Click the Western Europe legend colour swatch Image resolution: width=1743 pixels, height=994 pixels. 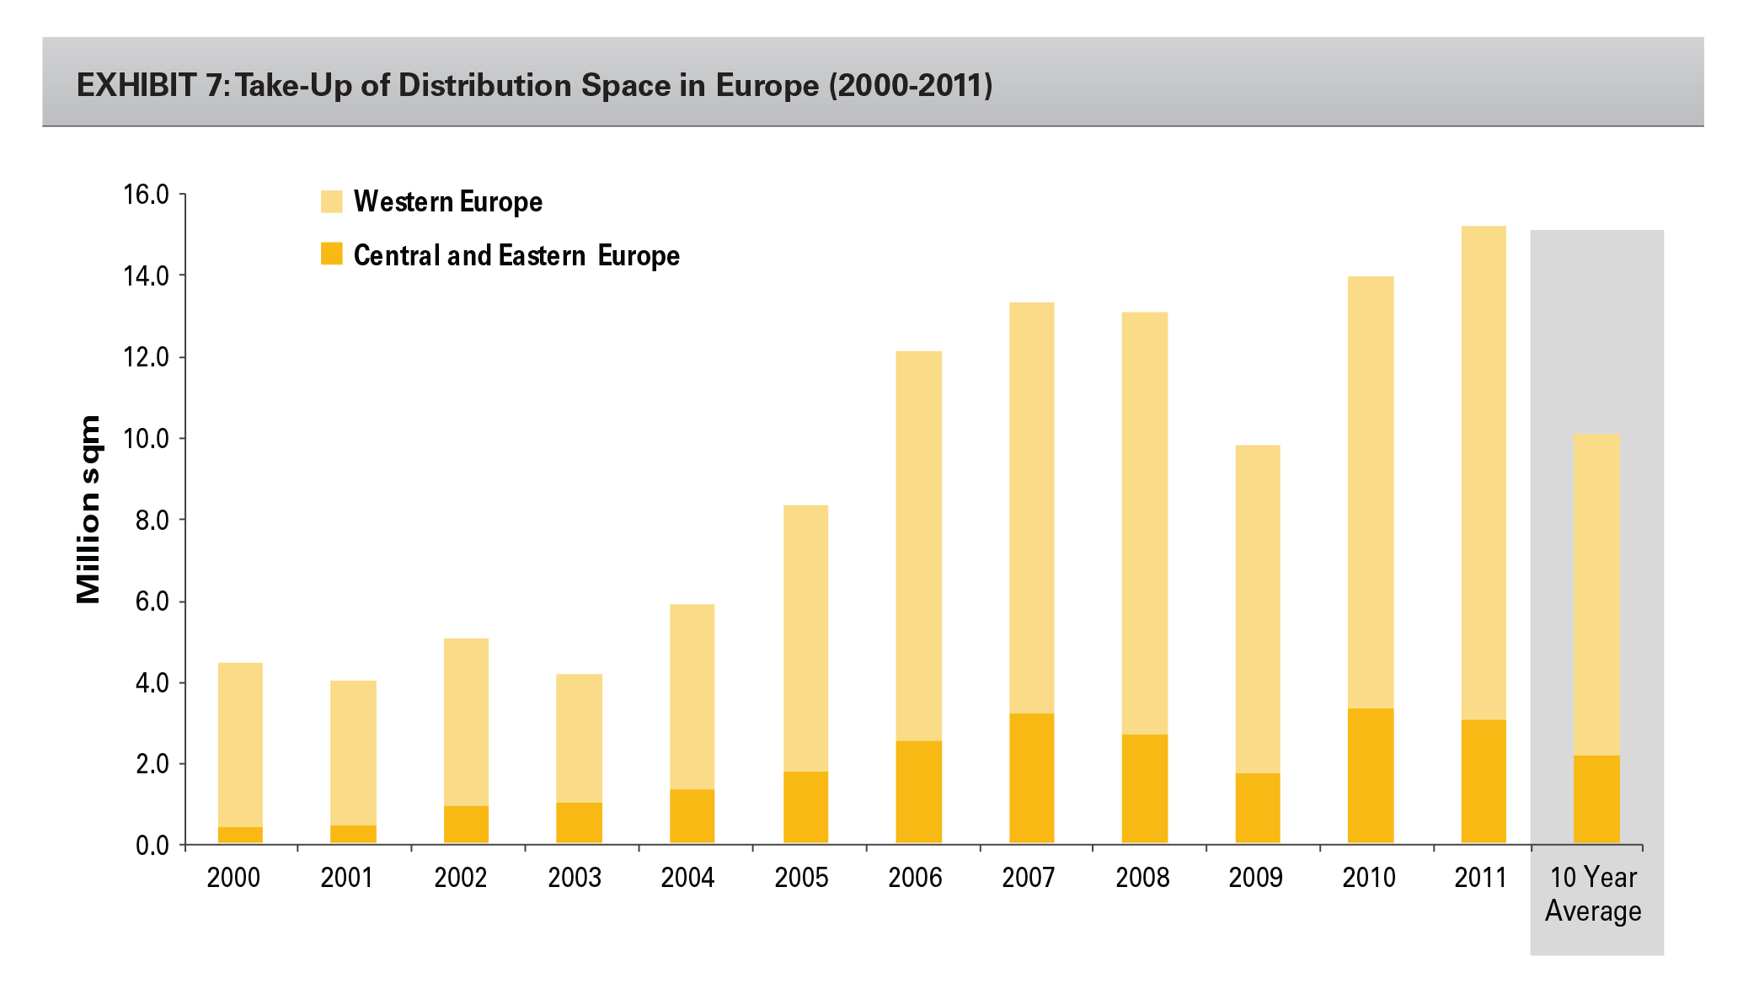point(332,201)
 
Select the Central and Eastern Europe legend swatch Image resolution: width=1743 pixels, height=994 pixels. point(332,254)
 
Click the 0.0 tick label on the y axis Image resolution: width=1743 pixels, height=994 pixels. point(152,845)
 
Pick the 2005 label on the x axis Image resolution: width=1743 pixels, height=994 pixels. point(801,878)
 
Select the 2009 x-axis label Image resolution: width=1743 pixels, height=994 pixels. point(1255,878)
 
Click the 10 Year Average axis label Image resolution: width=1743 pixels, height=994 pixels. point(1593,894)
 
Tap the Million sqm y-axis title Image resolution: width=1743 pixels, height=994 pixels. point(88,510)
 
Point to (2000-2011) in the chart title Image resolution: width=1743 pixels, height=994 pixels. point(911,85)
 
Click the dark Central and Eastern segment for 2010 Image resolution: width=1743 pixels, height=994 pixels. point(1371,776)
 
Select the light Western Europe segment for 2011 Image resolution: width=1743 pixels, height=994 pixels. point(1484,472)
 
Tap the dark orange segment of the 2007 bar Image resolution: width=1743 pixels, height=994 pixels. point(1031,778)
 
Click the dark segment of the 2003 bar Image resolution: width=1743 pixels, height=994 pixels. point(579,823)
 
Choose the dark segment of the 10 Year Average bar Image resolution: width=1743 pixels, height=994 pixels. point(1596,799)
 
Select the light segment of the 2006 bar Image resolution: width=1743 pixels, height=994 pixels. point(918,545)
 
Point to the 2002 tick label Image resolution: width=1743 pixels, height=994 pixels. point(461,878)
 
